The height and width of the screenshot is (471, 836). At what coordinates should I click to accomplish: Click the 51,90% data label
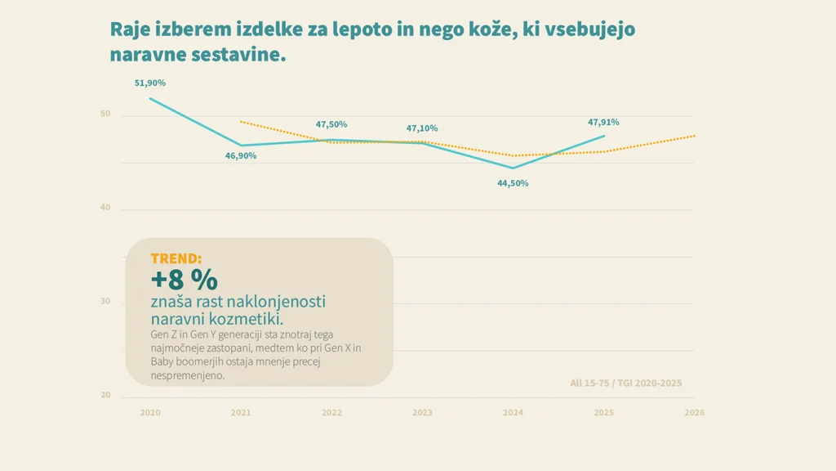[150, 83]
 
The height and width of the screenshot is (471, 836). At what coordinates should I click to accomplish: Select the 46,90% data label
[241, 155]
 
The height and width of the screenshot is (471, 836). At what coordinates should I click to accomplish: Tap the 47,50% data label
[331, 124]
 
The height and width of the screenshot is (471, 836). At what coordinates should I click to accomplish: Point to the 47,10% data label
[422, 128]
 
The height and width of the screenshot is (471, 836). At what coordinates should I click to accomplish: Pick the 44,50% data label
[513, 183]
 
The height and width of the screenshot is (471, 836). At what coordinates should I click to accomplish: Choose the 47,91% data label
[603, 122]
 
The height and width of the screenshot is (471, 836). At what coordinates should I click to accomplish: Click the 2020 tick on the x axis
[150, 413]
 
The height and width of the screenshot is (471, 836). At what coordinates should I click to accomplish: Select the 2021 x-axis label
[241, 413]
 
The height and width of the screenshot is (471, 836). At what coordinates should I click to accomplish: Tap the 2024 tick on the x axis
[513, 413]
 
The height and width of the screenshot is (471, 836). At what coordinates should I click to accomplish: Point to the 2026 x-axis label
[694, 413]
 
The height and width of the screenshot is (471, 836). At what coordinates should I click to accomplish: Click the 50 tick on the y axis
[105, 114]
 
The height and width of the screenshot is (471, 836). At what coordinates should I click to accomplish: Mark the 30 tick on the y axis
[105, 302]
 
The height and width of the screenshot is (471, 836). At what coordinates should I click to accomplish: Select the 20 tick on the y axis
[105, 396]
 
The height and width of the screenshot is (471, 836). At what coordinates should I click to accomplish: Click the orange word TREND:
[176, 258]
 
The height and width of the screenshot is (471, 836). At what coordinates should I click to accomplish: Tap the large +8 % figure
[184, 279]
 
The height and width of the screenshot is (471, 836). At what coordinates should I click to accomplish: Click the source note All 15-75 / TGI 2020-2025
[625, 383]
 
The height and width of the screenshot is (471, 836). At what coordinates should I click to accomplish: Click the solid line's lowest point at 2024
[513, 168]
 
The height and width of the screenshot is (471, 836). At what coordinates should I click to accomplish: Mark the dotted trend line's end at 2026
[695, 136]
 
